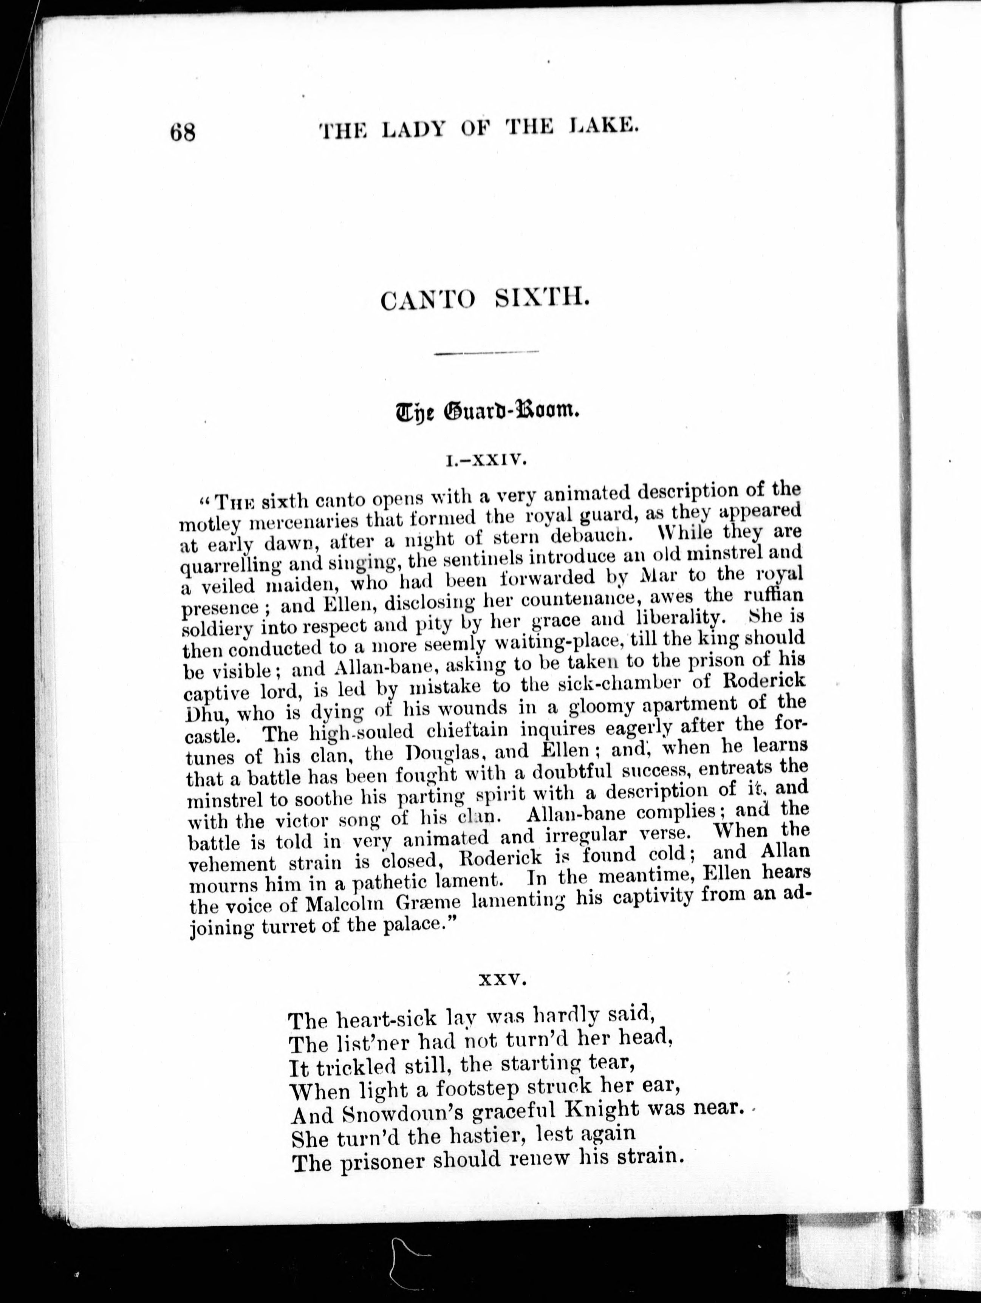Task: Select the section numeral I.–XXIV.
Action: [486, 460]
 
